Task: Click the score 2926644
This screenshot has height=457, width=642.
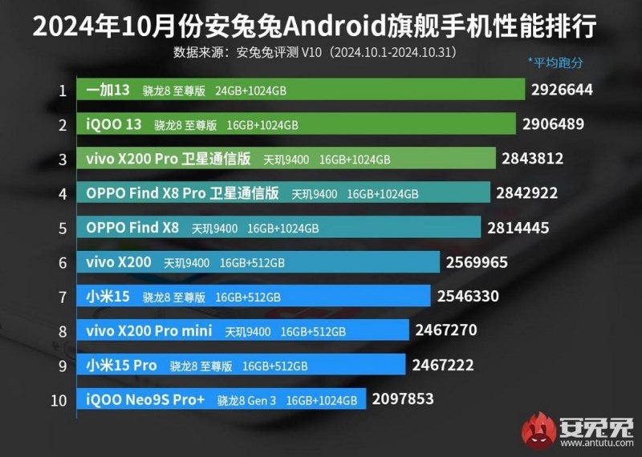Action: pos(561,90)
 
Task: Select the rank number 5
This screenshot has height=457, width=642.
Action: pos(62,228)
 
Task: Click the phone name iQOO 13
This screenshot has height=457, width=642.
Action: pos(113,124)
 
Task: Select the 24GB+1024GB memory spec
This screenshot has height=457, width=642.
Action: pos(250,91)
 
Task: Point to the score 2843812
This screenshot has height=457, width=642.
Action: pos(532,159)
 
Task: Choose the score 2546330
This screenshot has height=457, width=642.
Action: pos(468,297)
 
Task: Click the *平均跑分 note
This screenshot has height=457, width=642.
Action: pos(555,62)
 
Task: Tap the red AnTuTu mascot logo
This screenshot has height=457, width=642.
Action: pos(538,431)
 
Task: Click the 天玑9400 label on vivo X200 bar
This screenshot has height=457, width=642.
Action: pos(187,262)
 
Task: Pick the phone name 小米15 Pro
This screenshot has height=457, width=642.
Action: pos(121,366)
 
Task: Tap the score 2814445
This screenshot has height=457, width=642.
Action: pos(518,228)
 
